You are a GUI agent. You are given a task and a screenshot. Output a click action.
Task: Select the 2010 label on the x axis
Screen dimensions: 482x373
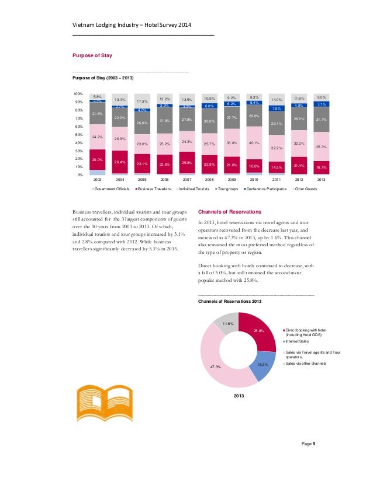[254, 180]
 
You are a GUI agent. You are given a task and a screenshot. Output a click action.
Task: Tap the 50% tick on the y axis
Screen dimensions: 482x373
[77, 134]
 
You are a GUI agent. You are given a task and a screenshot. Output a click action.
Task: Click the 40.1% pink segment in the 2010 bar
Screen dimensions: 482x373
[254, 142]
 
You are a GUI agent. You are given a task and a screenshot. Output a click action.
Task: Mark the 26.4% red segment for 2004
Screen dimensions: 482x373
[120, 162]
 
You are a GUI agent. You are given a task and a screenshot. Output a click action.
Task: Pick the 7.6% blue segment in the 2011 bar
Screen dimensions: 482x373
[277, 108]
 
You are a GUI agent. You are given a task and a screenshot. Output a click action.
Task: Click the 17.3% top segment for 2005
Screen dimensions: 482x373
[142, 100]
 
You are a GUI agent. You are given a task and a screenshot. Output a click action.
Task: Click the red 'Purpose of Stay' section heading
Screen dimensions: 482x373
[91, 55]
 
